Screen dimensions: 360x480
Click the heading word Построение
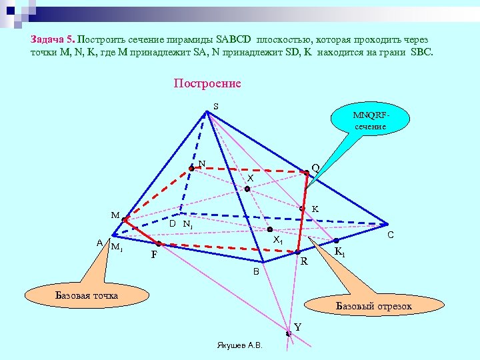[x=207, y=84]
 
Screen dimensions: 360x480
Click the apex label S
[x=216, y=106]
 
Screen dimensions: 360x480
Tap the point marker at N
[x=191, y=169]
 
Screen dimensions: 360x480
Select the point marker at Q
[x=307, y=173]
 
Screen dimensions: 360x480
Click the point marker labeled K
[x=302, y=209]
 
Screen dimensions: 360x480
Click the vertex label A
[x=99, y=243]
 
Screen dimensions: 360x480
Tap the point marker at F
[x=159, y=244]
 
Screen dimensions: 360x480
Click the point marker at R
[x=298, y=252]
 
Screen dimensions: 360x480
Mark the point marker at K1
[x=336, y=240]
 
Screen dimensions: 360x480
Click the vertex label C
[x=391, y=235]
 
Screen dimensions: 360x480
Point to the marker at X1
[x=270, y=229]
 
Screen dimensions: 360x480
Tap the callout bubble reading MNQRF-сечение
[x=370, y=121]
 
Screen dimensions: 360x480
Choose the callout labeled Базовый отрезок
[x=373, y=306]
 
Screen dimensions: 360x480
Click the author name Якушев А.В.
[x=240, y=345]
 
